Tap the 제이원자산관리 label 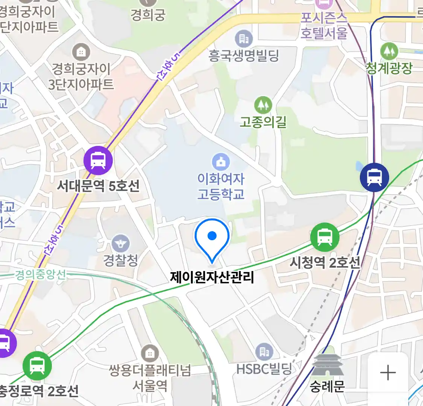click(x=212, y=277)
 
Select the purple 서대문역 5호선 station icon click(x=98, y=161)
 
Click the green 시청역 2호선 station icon click(x=325, y=237)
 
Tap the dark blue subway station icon click(x=374, y=177)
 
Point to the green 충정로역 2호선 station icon click(x=37, y=365)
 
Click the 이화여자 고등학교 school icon click(x=221, y=162)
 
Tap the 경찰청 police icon click(x=120, y=244)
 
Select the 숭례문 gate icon click(x=327, y=365)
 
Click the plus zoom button click(x=388, y=373)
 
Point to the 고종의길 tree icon click(x=263, y=105)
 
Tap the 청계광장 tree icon click(x=389, y=51)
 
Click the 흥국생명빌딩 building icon click(x=244, y=39)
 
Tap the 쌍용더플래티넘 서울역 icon click(x=150, y=353)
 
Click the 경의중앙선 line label click(x=41, y=274)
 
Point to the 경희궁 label click(x=148, y=15)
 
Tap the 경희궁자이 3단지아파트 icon click(x=81, y=52)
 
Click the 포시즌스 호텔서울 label click(x=324, y=26)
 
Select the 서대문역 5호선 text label click(x=98, y=186)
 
